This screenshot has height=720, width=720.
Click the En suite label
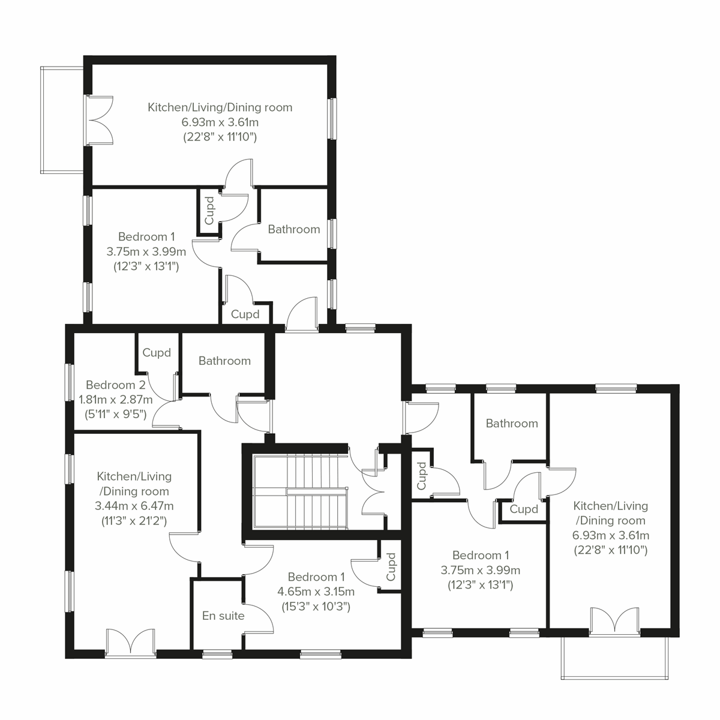(x=223, y=615)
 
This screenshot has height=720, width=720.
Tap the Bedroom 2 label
(x=116, y=385)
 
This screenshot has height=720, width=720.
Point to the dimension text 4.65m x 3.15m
(x=316, y=592)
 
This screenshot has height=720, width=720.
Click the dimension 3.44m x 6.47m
(x=134, y=506)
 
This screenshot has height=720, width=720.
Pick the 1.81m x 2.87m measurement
(x=107, y=399)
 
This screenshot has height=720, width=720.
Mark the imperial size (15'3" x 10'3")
(x=316, y=606)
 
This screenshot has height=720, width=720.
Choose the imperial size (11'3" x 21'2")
(x=134, y=520)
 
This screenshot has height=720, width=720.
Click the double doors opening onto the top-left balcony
(x=100, y=120)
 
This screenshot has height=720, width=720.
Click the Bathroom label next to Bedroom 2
(x=224, y=361)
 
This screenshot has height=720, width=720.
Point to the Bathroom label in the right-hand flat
(x=512, y=423)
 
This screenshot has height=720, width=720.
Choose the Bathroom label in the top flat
(x=294, y=229)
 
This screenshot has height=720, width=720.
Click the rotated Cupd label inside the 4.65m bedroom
(x=391, y=567)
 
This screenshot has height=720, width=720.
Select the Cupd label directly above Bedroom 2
(x=157, y=353)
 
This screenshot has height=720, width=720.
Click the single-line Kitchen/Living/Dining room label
(x=220, y=107)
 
